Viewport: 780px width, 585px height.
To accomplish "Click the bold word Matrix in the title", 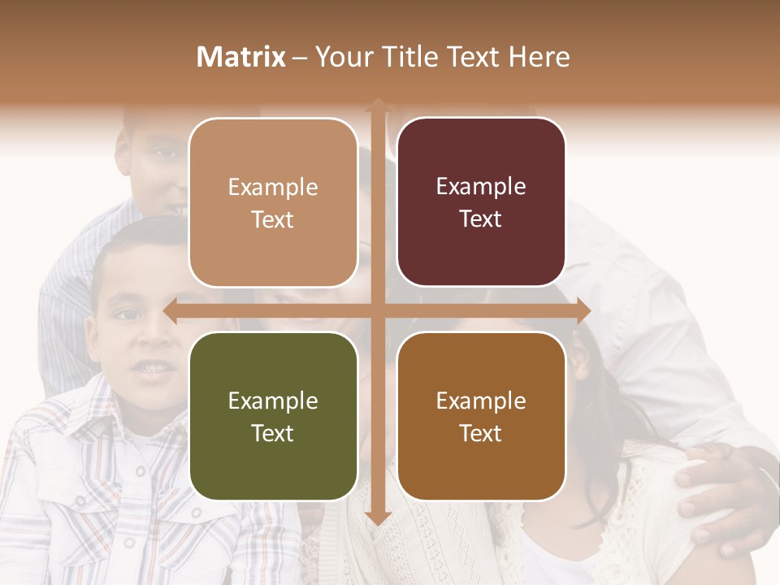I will point(241,57).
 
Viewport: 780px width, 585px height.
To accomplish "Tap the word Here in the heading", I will point(539,57).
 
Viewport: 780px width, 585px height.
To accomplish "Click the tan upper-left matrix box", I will point(273,202).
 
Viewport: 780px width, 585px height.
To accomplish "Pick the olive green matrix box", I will point(273,416).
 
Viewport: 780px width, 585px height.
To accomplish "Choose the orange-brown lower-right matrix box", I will point(481,416).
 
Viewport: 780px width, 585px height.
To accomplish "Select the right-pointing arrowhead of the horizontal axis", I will point(583,310).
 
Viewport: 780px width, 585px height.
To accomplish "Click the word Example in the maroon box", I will point(481,186).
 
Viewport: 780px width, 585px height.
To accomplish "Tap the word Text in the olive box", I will point(273,433).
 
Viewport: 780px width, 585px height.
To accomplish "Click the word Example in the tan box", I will point(273,187).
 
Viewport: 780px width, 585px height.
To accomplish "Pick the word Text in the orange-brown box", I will point(481,433).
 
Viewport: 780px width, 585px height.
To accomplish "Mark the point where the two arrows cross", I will point(377,310).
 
